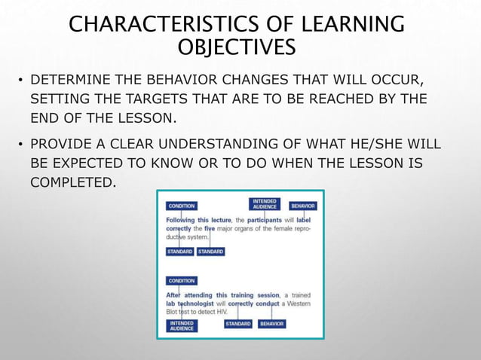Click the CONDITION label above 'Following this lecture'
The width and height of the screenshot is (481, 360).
point(182,206)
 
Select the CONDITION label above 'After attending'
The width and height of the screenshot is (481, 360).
point(182,281)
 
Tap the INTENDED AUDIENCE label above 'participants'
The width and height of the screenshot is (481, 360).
point(265,204)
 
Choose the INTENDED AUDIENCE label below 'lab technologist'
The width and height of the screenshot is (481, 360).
point(182,325)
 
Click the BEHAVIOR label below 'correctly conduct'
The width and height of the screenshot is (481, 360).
point(272,324)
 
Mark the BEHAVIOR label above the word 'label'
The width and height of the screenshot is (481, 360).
point(303,206)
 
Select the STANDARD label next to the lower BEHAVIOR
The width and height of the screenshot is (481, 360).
point(238,324)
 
